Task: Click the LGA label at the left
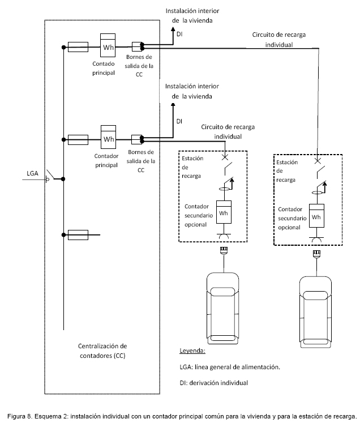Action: point(32,173)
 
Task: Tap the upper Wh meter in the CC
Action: point(108,45)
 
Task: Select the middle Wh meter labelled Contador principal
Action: point(109,137)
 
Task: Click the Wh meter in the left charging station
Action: point(224,212)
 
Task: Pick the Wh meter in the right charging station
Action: point(316,216)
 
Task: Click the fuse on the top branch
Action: point(78,47)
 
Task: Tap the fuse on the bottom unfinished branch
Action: point(78,235)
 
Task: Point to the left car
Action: point(223,309)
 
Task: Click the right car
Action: point(315,312)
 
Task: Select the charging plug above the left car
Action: point(224,250)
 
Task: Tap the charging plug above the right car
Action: point(316,254)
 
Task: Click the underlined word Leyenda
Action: point(192,351)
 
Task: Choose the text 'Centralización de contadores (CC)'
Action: point(102,351)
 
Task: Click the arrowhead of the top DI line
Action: point(173,29)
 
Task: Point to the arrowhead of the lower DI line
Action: point(173,105)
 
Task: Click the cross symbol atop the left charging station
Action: point(225,157)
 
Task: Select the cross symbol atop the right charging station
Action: point(318,161)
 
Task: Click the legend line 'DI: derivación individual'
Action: point(213,383)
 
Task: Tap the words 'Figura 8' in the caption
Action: point(16,416)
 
